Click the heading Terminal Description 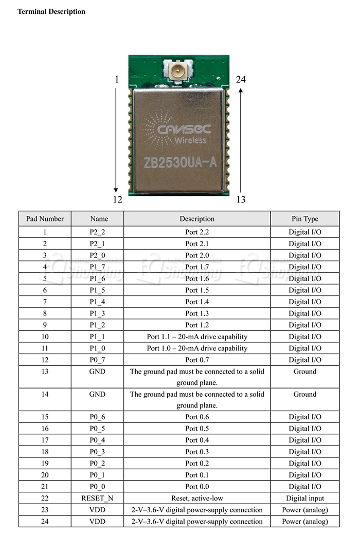pyautogui.click(x=51, y=11)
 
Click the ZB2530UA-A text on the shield pyautogui.click(x=181, y=163)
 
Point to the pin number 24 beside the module pyautogui.click(x=241, y=79)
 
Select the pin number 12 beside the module pyautogui.click(x=117, y=199)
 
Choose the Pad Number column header pyautogui.click(x=45, y=218)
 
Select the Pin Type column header pyautogui.click(x=305, y=218)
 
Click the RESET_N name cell pyautogui.click(x=97, y=498)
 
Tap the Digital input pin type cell pyautogui.click(x=305, y=498)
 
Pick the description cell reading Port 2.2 pyautogui.click(x=197, y=232)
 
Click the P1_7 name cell pyautogui.click(x=97, y=267)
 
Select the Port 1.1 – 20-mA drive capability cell pyautogui.click(x=197, y=337)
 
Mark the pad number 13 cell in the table pyautogui.click(x=45, y=372)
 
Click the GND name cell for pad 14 pyautogui.click(x=97, y=394)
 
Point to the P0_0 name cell pyautogui.click(x=97, y=487)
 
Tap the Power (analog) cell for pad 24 pyautogui.click(x=305, y=521)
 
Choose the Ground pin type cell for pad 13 pyautogui.click(x=305, y=372)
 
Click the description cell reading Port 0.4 pyautogui.click(x=197, y=440)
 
